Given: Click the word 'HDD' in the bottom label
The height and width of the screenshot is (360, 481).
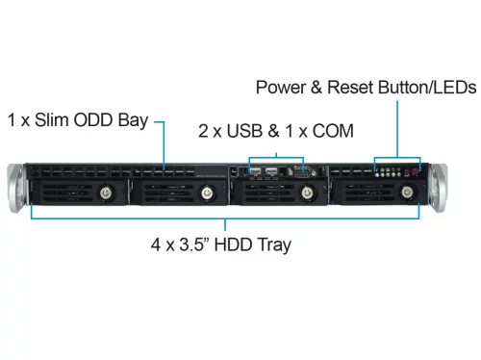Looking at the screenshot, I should [x=235, y=244].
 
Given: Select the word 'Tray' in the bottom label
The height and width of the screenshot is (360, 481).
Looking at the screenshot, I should [x=275, y=244].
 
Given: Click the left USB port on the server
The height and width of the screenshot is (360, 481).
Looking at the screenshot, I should [x=256, y=174].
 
